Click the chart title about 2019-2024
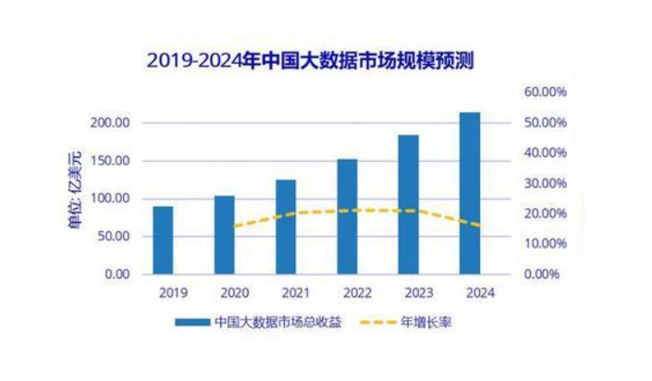tap(317, 61)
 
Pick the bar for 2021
tap(286, 227)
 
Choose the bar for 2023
tap(408, 204)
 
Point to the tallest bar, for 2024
tap(470, 193)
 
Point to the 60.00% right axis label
tap(545, 92)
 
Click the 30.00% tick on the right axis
tap(545, 183)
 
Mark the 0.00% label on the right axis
tap(547, 275)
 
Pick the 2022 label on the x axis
tap(347, 292)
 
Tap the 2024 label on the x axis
tap(470, 292)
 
